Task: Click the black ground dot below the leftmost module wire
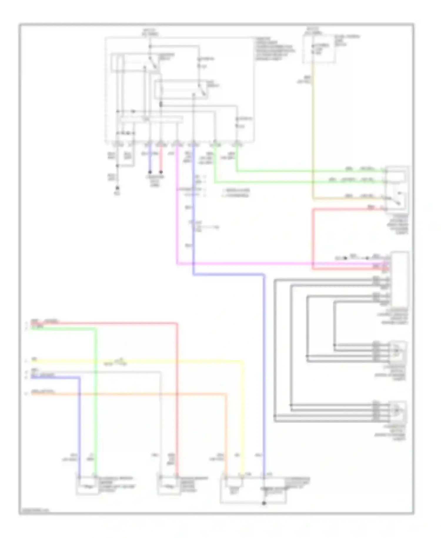pyautogui.click(x=117, y=187)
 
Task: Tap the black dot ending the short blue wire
pyautogui.click(x=150, y=172)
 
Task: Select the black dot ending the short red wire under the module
pyautogui.click(x=161, y=172)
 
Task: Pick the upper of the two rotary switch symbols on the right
pyautogui.click(x=397, y=351)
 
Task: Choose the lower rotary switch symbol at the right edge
pyautogui.click(x=397, y=410)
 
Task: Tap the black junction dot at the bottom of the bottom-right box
pyautogui.click(x=264, y=503)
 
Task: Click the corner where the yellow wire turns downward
pyautogui.click(x=243, y=361)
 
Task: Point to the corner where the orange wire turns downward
pyautogui.click(x=226, y=394)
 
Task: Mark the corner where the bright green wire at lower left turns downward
pyautogui.click(x=96, y=328)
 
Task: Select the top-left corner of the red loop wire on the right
pyautogui.click(x=313, y=209)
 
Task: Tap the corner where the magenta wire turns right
pyautogui.click(x=177, y=264)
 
